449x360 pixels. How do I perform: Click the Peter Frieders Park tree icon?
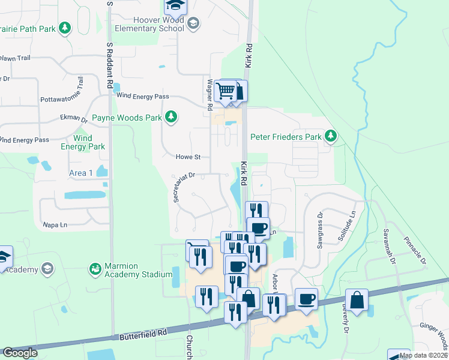pos(330,137)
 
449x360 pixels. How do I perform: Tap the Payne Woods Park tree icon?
pos(172,116)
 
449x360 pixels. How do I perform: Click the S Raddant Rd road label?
pos(110,66)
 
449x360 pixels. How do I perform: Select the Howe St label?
pos(187,157)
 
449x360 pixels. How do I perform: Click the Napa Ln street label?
pos(54,225)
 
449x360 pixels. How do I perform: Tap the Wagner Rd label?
pos(210,95)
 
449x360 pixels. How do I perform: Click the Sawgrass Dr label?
pos(321,230)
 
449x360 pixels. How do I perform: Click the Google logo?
pos(20,353)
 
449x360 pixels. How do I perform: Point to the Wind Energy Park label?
pos(85,142)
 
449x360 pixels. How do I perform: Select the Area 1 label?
pos(81,173)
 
